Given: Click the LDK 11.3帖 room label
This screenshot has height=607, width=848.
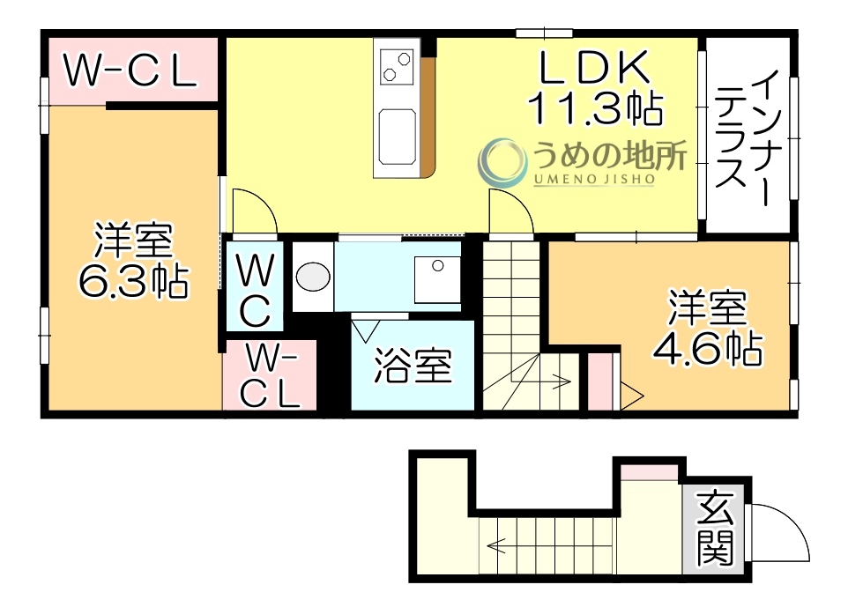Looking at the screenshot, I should coord(594,88).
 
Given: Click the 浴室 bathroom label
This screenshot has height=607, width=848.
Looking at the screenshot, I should coord(413,366).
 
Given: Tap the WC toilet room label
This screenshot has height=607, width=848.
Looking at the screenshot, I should coord(255,287).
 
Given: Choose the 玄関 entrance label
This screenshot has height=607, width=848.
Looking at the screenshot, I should coord(715,529).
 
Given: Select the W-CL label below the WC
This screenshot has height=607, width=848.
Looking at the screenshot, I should coord(270,375).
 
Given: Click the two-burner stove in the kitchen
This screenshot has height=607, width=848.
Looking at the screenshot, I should coord(396,65).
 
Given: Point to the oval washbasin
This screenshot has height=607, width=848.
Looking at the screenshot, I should coord(312,278).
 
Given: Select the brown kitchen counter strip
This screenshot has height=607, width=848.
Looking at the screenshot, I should coord(428,115).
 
